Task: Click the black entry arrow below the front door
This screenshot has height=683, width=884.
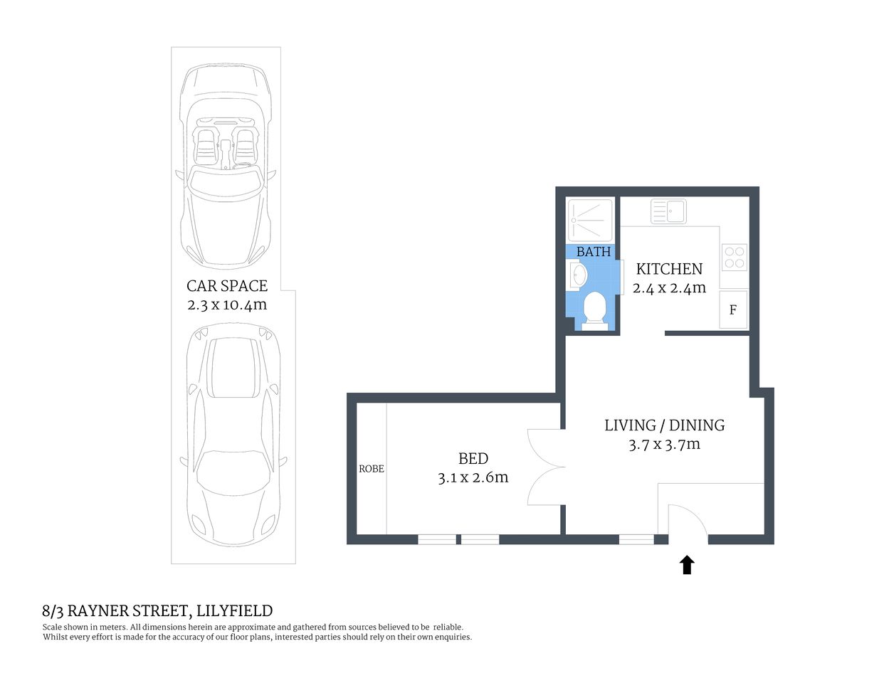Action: [687, 565]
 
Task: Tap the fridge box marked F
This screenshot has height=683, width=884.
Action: [733, 309]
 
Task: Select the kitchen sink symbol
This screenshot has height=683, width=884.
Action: [668, 211]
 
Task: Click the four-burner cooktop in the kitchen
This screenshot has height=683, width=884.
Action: [735, 257]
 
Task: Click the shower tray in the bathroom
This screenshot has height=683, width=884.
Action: [590, 221]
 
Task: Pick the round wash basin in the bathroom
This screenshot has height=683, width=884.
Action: [578, 275]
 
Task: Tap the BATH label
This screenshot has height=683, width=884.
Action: [594, 252]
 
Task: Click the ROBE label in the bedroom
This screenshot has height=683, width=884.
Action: [371, 469]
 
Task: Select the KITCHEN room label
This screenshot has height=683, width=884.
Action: [669, 269]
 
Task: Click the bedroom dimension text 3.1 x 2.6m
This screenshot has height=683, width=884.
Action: [473, 477]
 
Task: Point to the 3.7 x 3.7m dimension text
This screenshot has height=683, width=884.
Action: [664, 445]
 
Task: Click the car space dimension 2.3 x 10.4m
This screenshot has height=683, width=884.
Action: [227, 305]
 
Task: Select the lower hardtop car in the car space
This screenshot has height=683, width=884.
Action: [232, 434]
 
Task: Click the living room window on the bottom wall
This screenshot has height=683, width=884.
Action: [636, 540]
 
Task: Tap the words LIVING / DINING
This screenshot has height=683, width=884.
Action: [664, 425]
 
